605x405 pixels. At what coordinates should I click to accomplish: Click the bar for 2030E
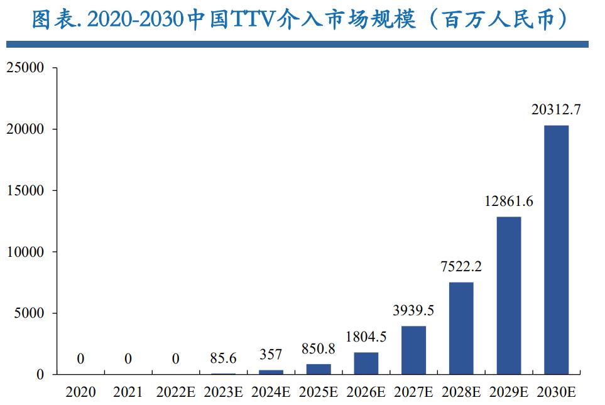[x=556, y=250]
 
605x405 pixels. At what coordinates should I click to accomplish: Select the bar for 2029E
[x=509, y=295]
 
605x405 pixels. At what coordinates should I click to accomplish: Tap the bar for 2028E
[x=461, y=328]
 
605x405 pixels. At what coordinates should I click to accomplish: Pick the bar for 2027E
[x=413, y=350]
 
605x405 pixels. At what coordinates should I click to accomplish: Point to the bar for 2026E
[x=366, y=363]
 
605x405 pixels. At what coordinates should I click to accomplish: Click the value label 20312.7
[x=556, y=110]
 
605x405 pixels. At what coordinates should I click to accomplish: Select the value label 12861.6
[x=509, y=202]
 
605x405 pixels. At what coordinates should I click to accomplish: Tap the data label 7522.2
[x=461, y=267]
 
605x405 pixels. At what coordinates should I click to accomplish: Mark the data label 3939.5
[x=413, y=311]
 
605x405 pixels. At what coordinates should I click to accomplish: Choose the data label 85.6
[x=223, y=359]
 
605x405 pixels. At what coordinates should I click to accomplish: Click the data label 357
[x=271, y=355]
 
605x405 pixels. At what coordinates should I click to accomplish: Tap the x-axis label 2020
[x=80, y=392]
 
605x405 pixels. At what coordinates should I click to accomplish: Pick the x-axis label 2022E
[x=175, y=392]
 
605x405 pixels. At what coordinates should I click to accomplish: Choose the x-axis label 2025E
[x=319, y=392]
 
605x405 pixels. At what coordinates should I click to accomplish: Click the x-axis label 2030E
[x=556, y=392]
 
